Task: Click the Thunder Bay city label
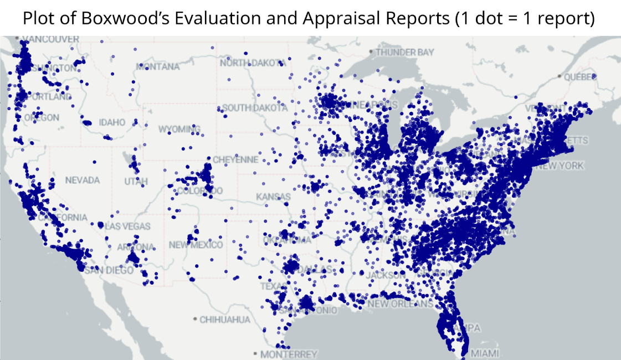click(404, 52)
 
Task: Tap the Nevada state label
click(82, 181)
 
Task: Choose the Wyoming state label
click(179, 129)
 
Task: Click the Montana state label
click(158, 66)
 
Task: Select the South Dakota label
click(255, 108)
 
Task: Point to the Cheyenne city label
click(235, 160)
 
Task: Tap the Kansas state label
click(273, 197)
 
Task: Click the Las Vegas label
click(127, 226)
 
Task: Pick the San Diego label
click(112, 270)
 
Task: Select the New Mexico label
click(196, 245)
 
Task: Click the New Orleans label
click(400, 304)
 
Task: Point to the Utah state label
click(136, 182)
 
